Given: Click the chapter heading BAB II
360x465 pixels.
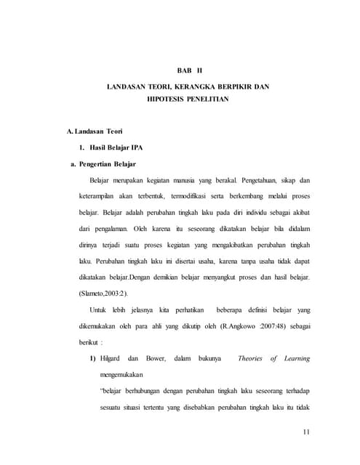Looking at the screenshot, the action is tap(188, 70).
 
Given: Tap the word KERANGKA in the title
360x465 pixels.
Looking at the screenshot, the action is tap(201, 87).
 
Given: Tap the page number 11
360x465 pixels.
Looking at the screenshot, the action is tap(306, 434).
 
